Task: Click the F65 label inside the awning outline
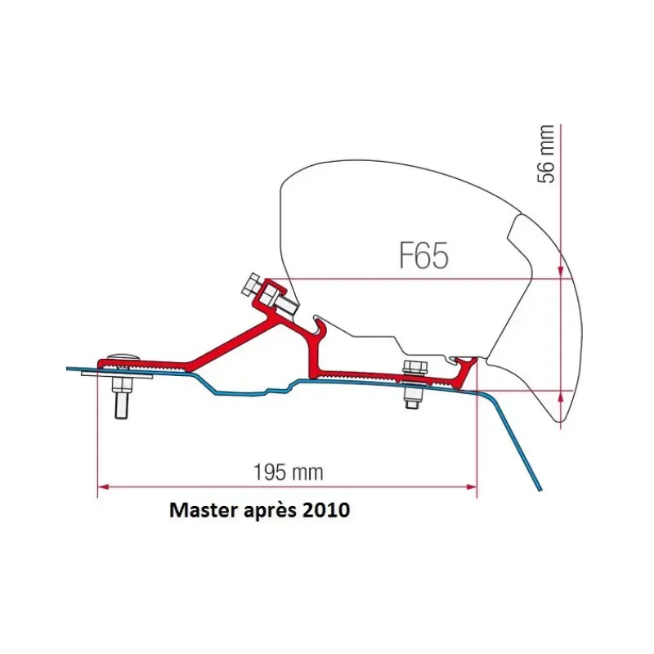coord(423,255)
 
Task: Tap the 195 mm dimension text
coord(289,473)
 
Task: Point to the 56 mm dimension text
coord(546,154)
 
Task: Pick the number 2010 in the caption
coord(326,509)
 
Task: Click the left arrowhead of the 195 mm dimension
coord(103,486)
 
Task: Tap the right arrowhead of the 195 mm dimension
coord(472,486)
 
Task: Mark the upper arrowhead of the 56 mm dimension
coord(561,273)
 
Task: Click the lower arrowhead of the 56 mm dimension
coord(561,396)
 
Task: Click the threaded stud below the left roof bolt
coord(121,401)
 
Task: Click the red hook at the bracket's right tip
coord(466,369)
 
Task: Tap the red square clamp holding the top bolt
coord(271,293)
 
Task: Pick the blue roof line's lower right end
coord(540,490)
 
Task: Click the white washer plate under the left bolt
coord(117,376)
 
